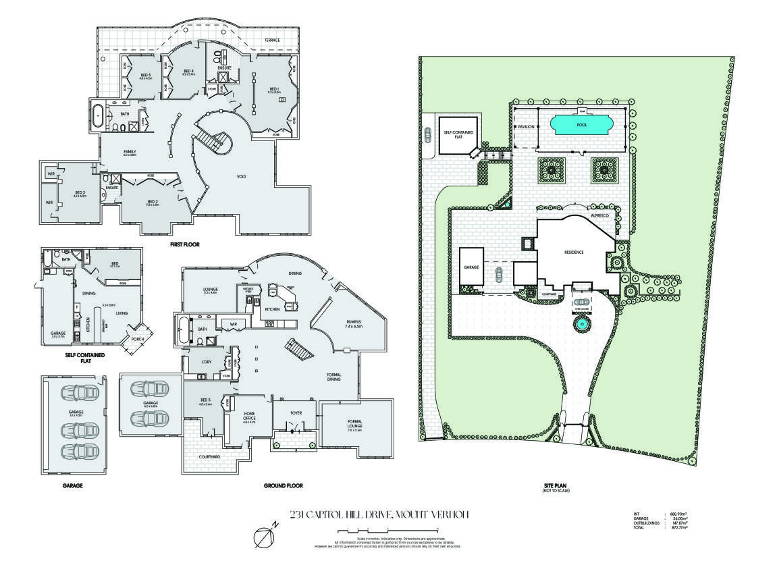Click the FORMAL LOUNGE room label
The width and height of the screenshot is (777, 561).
[355, 424]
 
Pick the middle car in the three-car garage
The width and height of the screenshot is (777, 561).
[75, 427]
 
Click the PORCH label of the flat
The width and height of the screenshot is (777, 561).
[138, 339]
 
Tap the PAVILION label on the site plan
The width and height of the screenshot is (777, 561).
[526, 126]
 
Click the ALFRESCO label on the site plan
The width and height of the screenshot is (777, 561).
[600, 214]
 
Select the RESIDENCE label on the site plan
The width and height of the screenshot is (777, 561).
[573, 252]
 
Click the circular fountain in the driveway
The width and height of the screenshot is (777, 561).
[580, 325]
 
